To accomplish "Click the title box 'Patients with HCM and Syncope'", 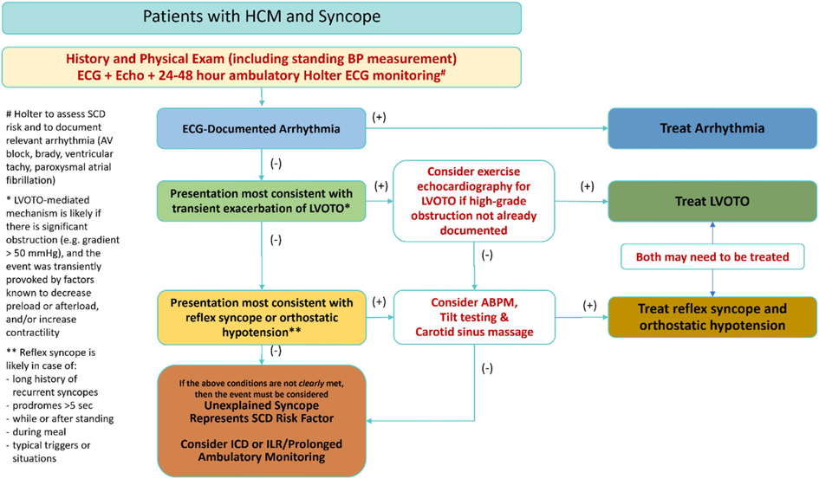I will pyautogui.click(x=262, y=16).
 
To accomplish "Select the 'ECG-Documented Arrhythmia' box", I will pyautogui.click(x=261, y=127).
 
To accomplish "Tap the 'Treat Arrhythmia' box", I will pyautogui.click(x=712, y=127).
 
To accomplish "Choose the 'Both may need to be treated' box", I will pyautogui.click(x=712, y=256).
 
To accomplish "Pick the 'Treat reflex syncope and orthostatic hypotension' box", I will pyautogui.click(x=712, y=316).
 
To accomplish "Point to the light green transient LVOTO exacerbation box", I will pyautogui.click(x=261, y=199).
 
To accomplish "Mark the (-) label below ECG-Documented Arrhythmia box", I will pyautogui.click(x=276, y=161).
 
